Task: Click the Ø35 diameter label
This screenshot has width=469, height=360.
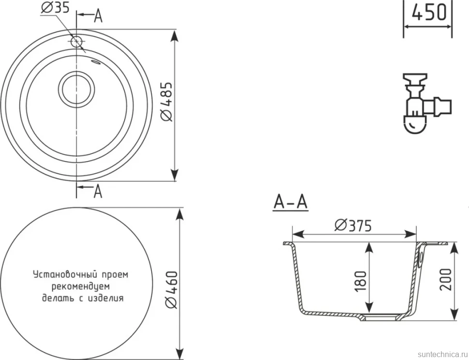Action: pos(55,7)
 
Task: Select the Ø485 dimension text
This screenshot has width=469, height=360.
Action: pos(167,102)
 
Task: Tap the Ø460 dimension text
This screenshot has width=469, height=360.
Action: pos(172,290)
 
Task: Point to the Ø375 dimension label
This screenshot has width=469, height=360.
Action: pos(353,225)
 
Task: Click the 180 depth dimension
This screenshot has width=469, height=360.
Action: pos(361,281)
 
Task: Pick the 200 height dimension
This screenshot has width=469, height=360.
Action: pos(446,280)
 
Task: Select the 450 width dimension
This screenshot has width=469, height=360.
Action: pos(429,13)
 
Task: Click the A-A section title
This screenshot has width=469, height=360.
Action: pos(291,202)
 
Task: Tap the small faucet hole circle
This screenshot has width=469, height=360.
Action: pos(76,42)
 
